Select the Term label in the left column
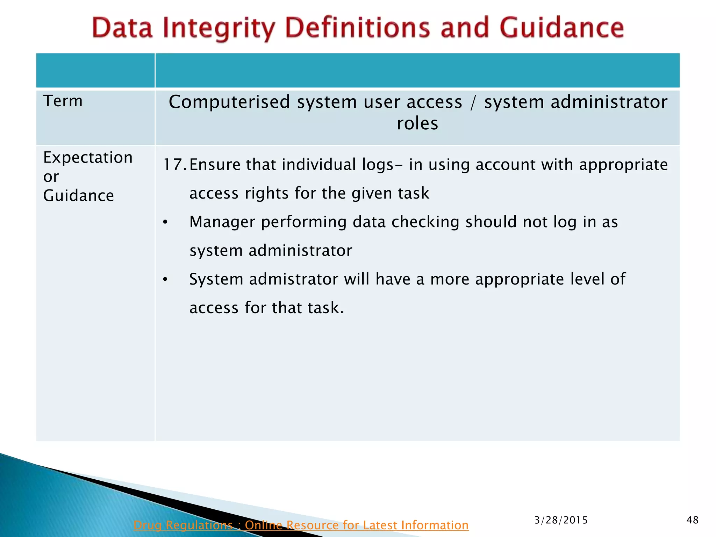tap(63, 101)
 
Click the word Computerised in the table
tap(229, 102)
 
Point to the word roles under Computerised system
tap(417, 123)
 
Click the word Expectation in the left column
tap(88, 158)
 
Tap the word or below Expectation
tap(51, 177)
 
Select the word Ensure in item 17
tap(215, 165)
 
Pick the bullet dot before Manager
tap(165, 222)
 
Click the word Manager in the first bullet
tap(222, 222)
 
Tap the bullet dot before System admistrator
tap(165, 280)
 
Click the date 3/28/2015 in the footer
tap(561, 520)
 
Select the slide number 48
tap(692, 520)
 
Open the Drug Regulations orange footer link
tap(301, 525)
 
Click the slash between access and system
tap(473, 102)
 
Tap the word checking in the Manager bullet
tap(425, 222)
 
